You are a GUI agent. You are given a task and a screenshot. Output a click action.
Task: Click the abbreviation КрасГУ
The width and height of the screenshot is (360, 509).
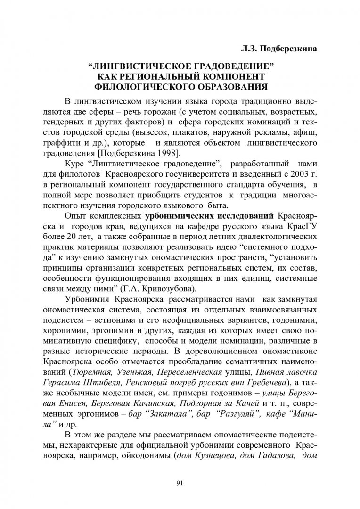click(x=300, y=228)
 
